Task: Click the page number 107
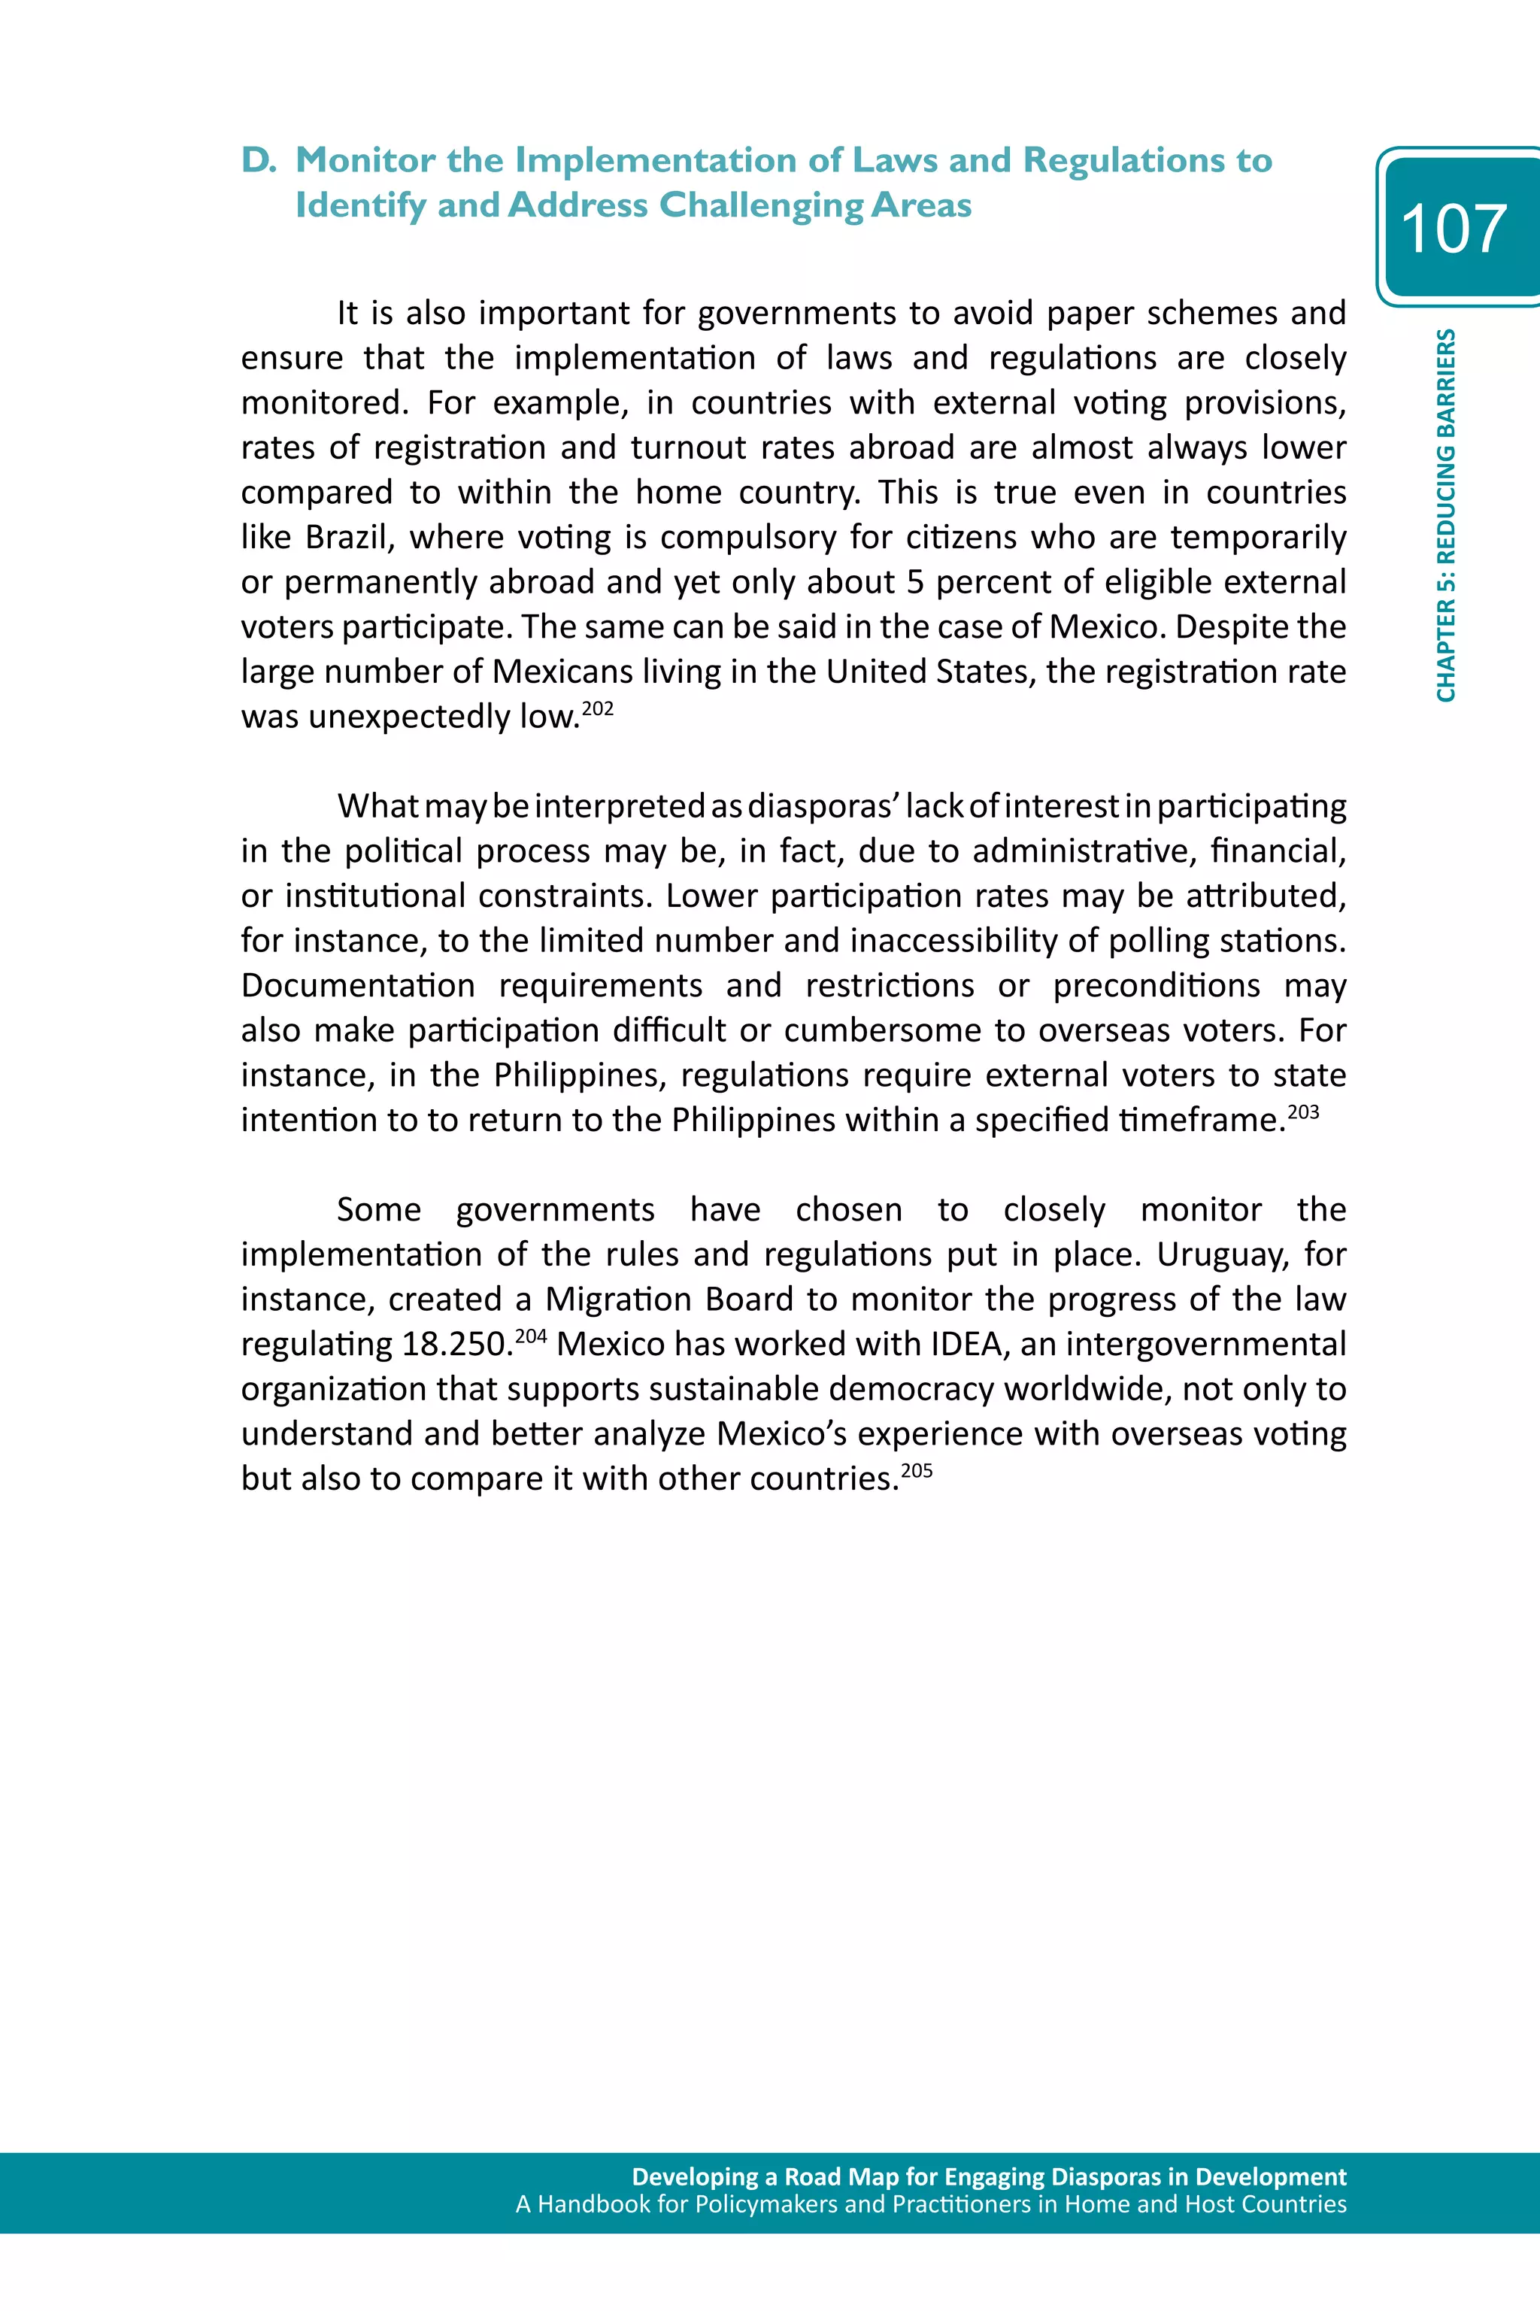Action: (x=1453, y=229)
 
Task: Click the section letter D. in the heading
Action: (x=259, y=160)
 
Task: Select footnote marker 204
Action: (x=530, y=1336)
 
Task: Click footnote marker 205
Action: (x=917, y=1470)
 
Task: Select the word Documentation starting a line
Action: (x=357, y=985)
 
